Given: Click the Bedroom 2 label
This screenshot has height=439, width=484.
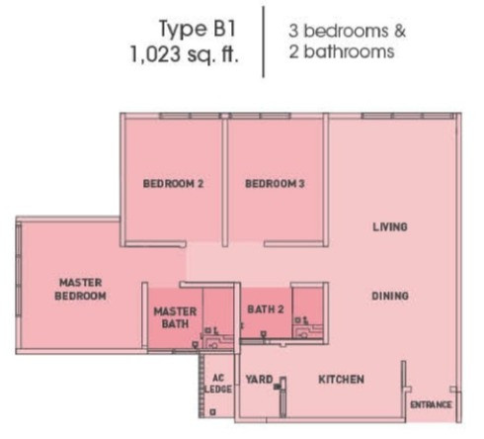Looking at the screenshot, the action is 173,183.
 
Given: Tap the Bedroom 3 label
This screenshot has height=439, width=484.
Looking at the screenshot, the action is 275,183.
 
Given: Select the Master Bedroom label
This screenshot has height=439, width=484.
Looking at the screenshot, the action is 80,289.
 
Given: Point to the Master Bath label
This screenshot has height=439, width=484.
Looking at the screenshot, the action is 175,317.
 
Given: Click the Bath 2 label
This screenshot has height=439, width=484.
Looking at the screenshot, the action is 266,309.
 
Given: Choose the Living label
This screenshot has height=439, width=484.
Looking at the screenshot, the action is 390,226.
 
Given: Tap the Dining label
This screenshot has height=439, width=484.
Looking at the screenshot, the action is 390,296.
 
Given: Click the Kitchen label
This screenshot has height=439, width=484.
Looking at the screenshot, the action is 342,380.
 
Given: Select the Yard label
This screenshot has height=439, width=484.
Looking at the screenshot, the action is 260,380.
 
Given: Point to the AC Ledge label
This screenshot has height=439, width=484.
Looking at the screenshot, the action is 218,384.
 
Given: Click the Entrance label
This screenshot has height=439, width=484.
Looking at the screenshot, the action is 431,404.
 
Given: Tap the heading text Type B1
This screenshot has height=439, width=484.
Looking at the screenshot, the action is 198,29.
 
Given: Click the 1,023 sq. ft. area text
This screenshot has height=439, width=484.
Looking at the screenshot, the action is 184,54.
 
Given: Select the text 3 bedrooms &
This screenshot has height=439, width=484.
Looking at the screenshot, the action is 347,31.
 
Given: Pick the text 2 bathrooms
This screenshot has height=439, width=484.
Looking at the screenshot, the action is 342,51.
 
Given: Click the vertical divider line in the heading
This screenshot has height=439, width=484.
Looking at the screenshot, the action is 264,42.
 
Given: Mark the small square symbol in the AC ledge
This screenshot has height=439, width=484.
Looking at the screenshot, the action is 212,411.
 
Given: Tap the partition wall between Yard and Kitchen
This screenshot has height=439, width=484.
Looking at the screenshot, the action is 282,397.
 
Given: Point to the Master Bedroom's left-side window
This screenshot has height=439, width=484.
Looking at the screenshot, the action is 19,270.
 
